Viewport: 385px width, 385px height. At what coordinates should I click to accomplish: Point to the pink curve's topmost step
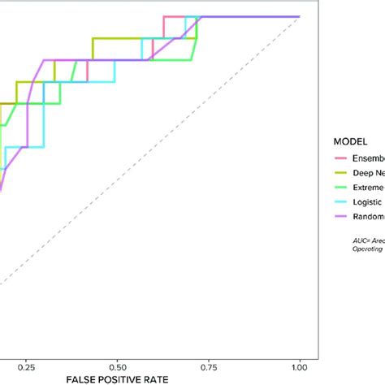tap(174, 16)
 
